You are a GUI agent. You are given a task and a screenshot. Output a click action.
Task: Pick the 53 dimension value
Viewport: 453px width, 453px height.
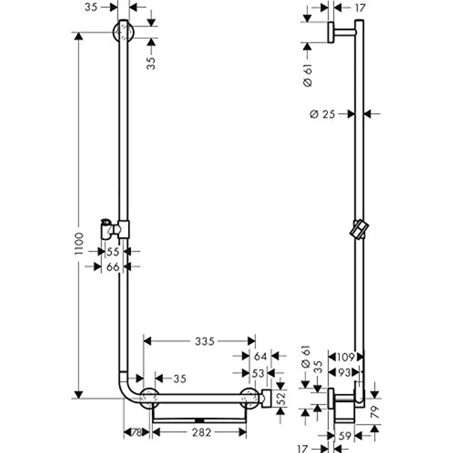[x=259, y=374]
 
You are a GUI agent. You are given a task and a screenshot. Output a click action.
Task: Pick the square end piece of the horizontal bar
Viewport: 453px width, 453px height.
[x=267, y=398]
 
